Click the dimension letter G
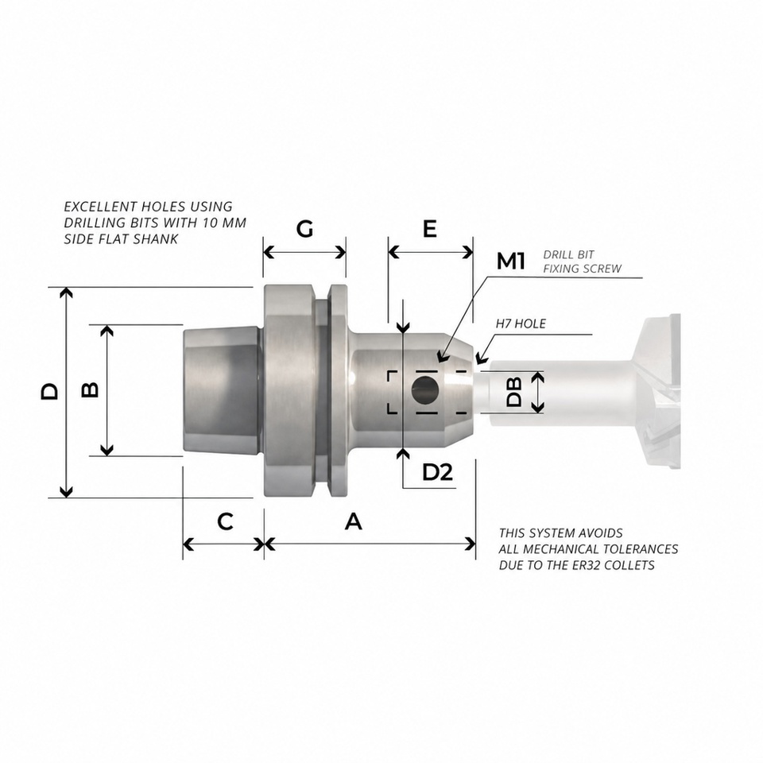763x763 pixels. tap(304, 229)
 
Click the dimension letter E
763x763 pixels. tap(430, 229)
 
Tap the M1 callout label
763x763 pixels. tap(510, 261)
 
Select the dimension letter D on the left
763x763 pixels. tap(49, 392)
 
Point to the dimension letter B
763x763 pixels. tap(90, 389)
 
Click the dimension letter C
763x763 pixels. tap(225, 521)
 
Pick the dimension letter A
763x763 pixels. tap(354, 521)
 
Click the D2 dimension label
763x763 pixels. tap(437, 471)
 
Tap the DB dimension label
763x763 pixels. tap(514, 392)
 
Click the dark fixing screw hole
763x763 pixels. tap(424, 390)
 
